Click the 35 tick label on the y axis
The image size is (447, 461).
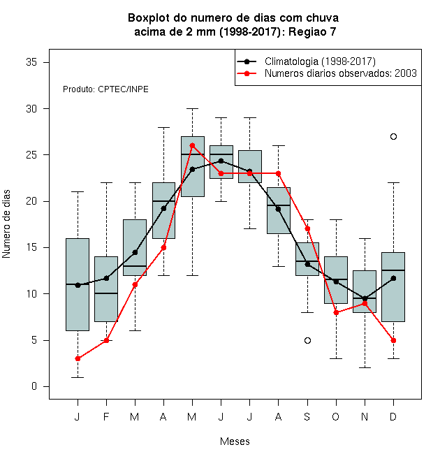(31, 62)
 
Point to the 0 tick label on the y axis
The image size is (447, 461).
(34, 386)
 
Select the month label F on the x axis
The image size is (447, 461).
(106, 416)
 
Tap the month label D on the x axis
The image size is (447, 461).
(393, 416)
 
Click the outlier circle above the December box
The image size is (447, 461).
(393, 136)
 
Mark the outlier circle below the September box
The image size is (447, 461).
(307, 340)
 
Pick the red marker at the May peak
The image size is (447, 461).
(192, 145)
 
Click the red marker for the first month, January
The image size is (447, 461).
(78, 359)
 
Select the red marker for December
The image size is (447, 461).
(393, 340)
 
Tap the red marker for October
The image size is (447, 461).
(336, 312)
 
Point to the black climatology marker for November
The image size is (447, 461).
(365, 298)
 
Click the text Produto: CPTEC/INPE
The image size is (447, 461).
(105, 89)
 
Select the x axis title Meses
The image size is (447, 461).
(235, 441)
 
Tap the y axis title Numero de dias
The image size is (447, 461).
(6, 224)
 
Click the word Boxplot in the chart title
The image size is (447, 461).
(149, 18)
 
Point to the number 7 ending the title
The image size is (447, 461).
(333, 31)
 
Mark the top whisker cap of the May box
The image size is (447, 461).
(192, 108)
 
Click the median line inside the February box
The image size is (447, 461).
(106, 293)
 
